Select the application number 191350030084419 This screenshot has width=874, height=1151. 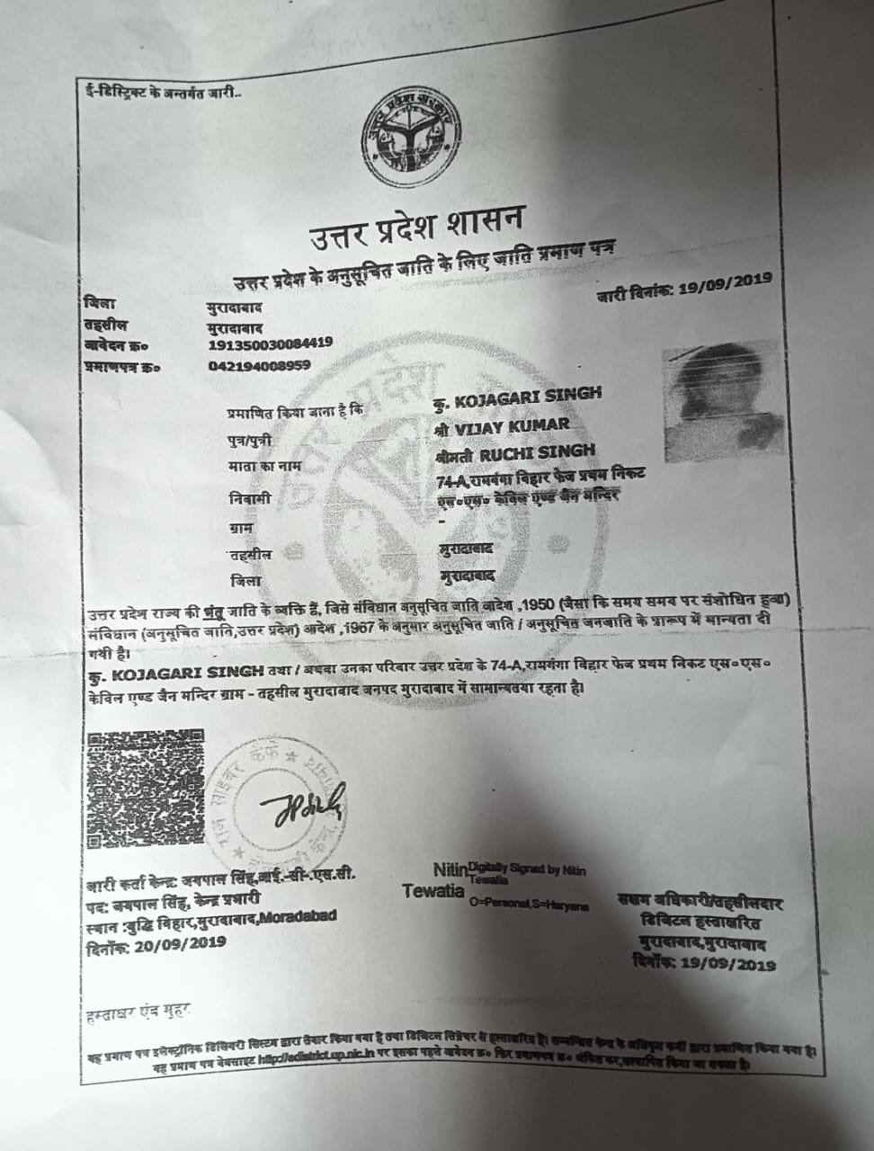pos(270,343)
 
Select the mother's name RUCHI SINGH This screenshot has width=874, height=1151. pos(528,451)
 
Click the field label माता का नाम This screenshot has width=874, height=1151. pos(263,467)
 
